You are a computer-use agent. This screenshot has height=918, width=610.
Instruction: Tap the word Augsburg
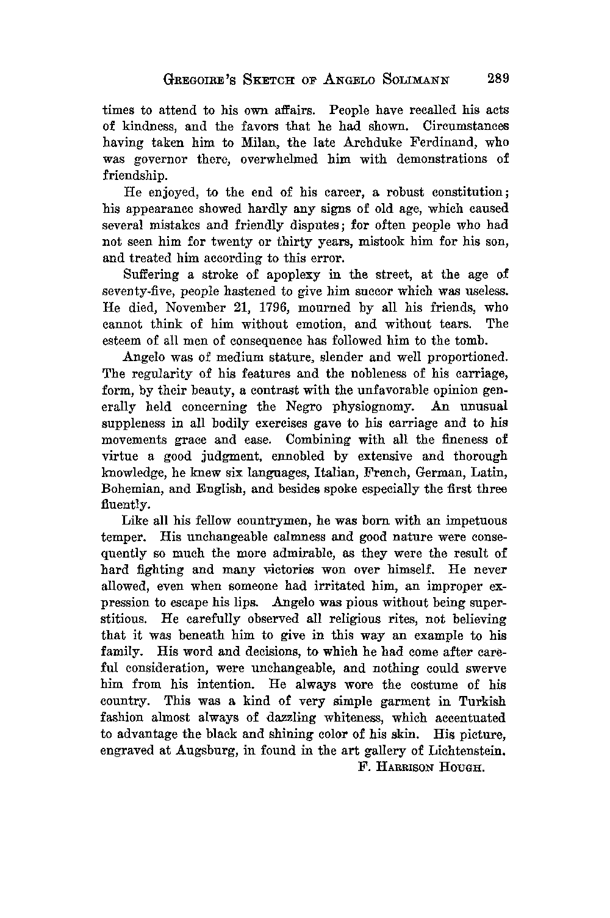[x=203, y=751]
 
